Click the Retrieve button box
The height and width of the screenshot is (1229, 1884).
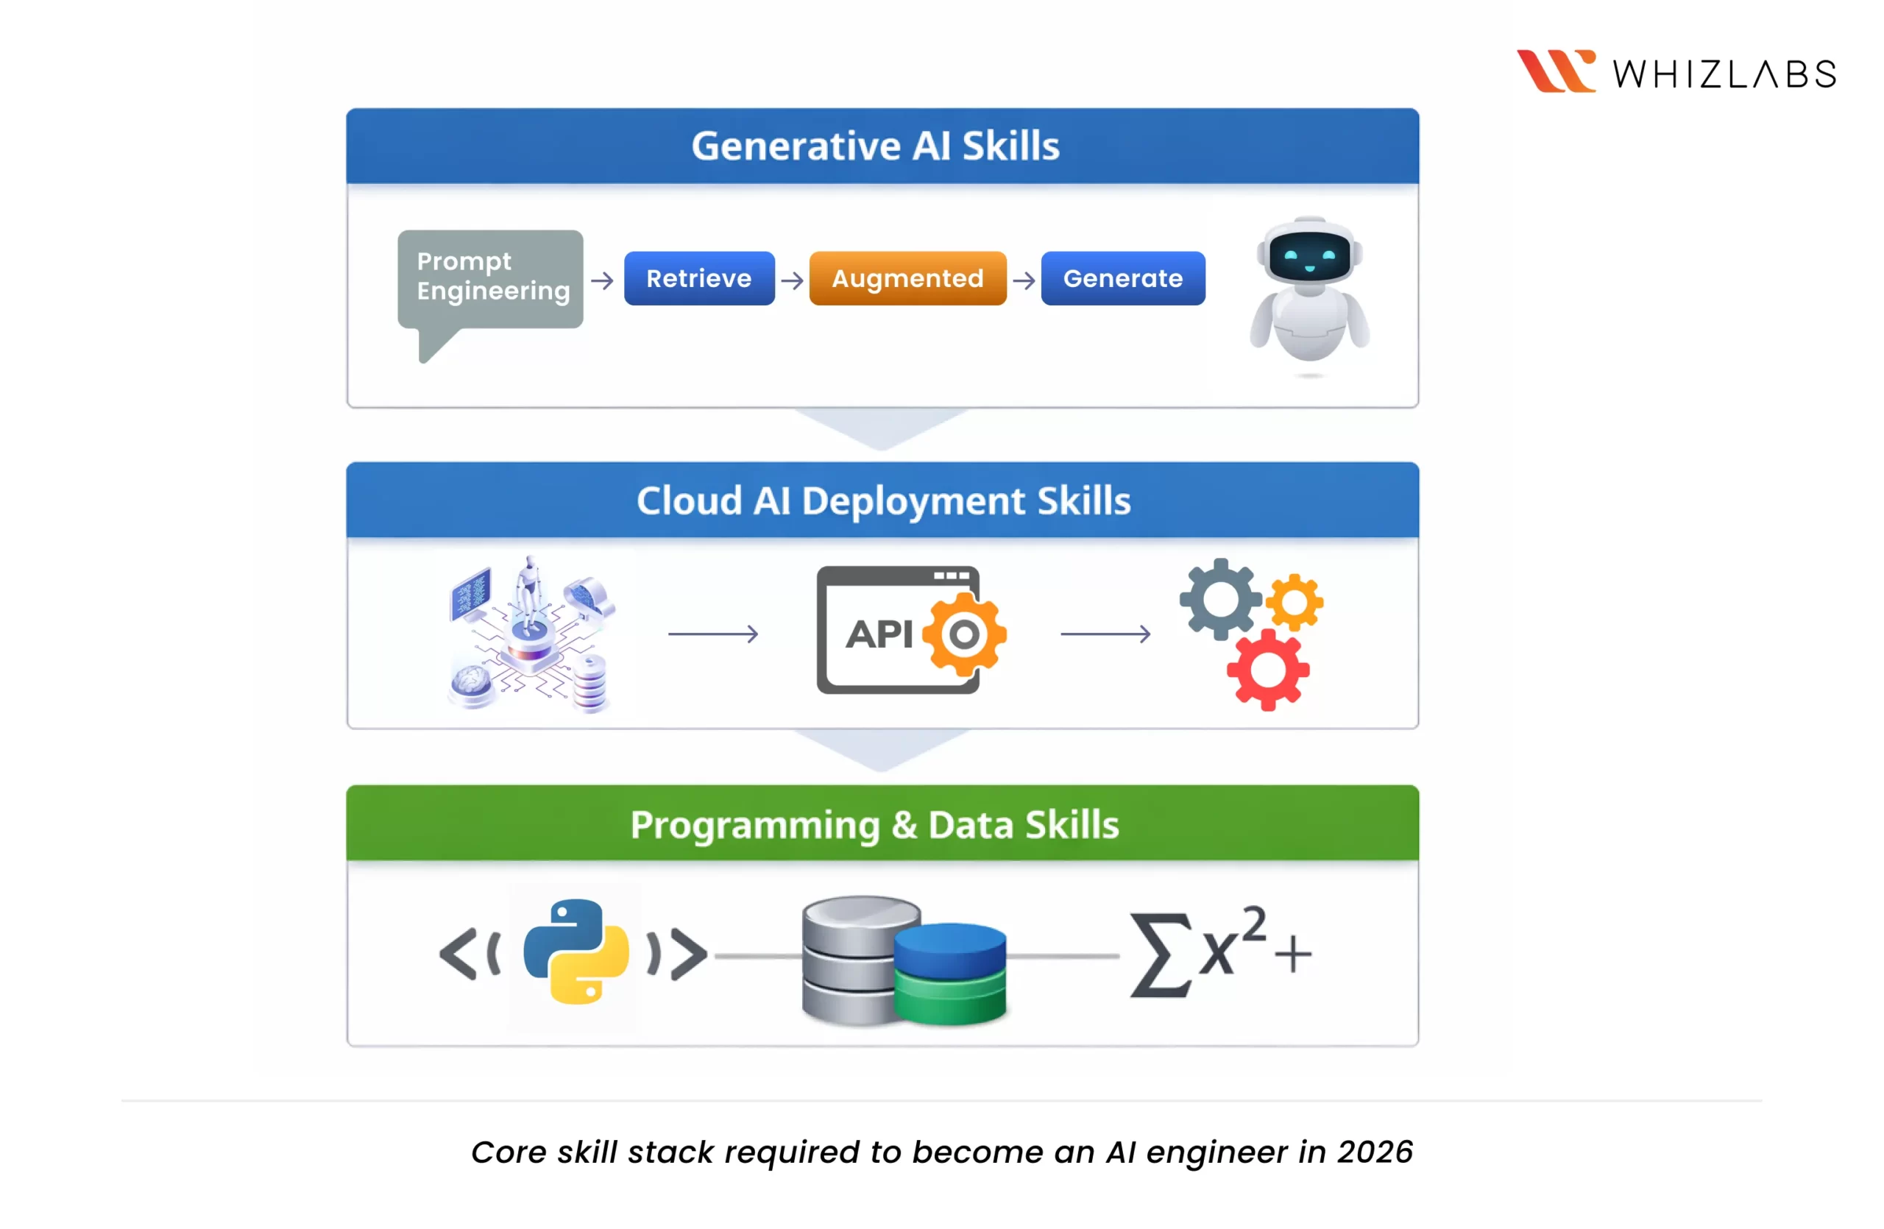click(x=699, y=279)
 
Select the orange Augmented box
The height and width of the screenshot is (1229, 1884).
click(x=907, y=279)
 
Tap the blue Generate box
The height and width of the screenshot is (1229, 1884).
click(x=1122, y=279)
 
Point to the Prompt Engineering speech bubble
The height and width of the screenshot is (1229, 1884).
click(x=490, y=279)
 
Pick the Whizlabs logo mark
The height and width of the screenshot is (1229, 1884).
click(x=1555, y=71)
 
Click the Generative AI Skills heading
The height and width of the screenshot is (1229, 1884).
click(x=875, y=146)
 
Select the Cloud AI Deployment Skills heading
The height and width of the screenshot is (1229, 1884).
click(x=882, y=501)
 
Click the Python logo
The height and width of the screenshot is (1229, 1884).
click(x=576, y=952)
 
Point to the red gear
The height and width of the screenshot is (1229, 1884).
click(x=1267, y=670)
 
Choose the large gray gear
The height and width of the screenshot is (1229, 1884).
click(x=1220, y=599)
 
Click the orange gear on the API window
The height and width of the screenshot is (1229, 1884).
click(x=963, y=634)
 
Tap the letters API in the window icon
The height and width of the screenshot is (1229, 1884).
click(x=879, y=634)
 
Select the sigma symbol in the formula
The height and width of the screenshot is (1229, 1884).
click(x=1161, y=954)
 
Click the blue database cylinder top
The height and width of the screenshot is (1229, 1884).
click(x=950, y=938)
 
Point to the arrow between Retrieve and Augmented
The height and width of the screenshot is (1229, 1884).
click(x=792, y=280)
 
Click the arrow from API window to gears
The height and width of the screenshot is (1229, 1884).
click(x=1105, y=634)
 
